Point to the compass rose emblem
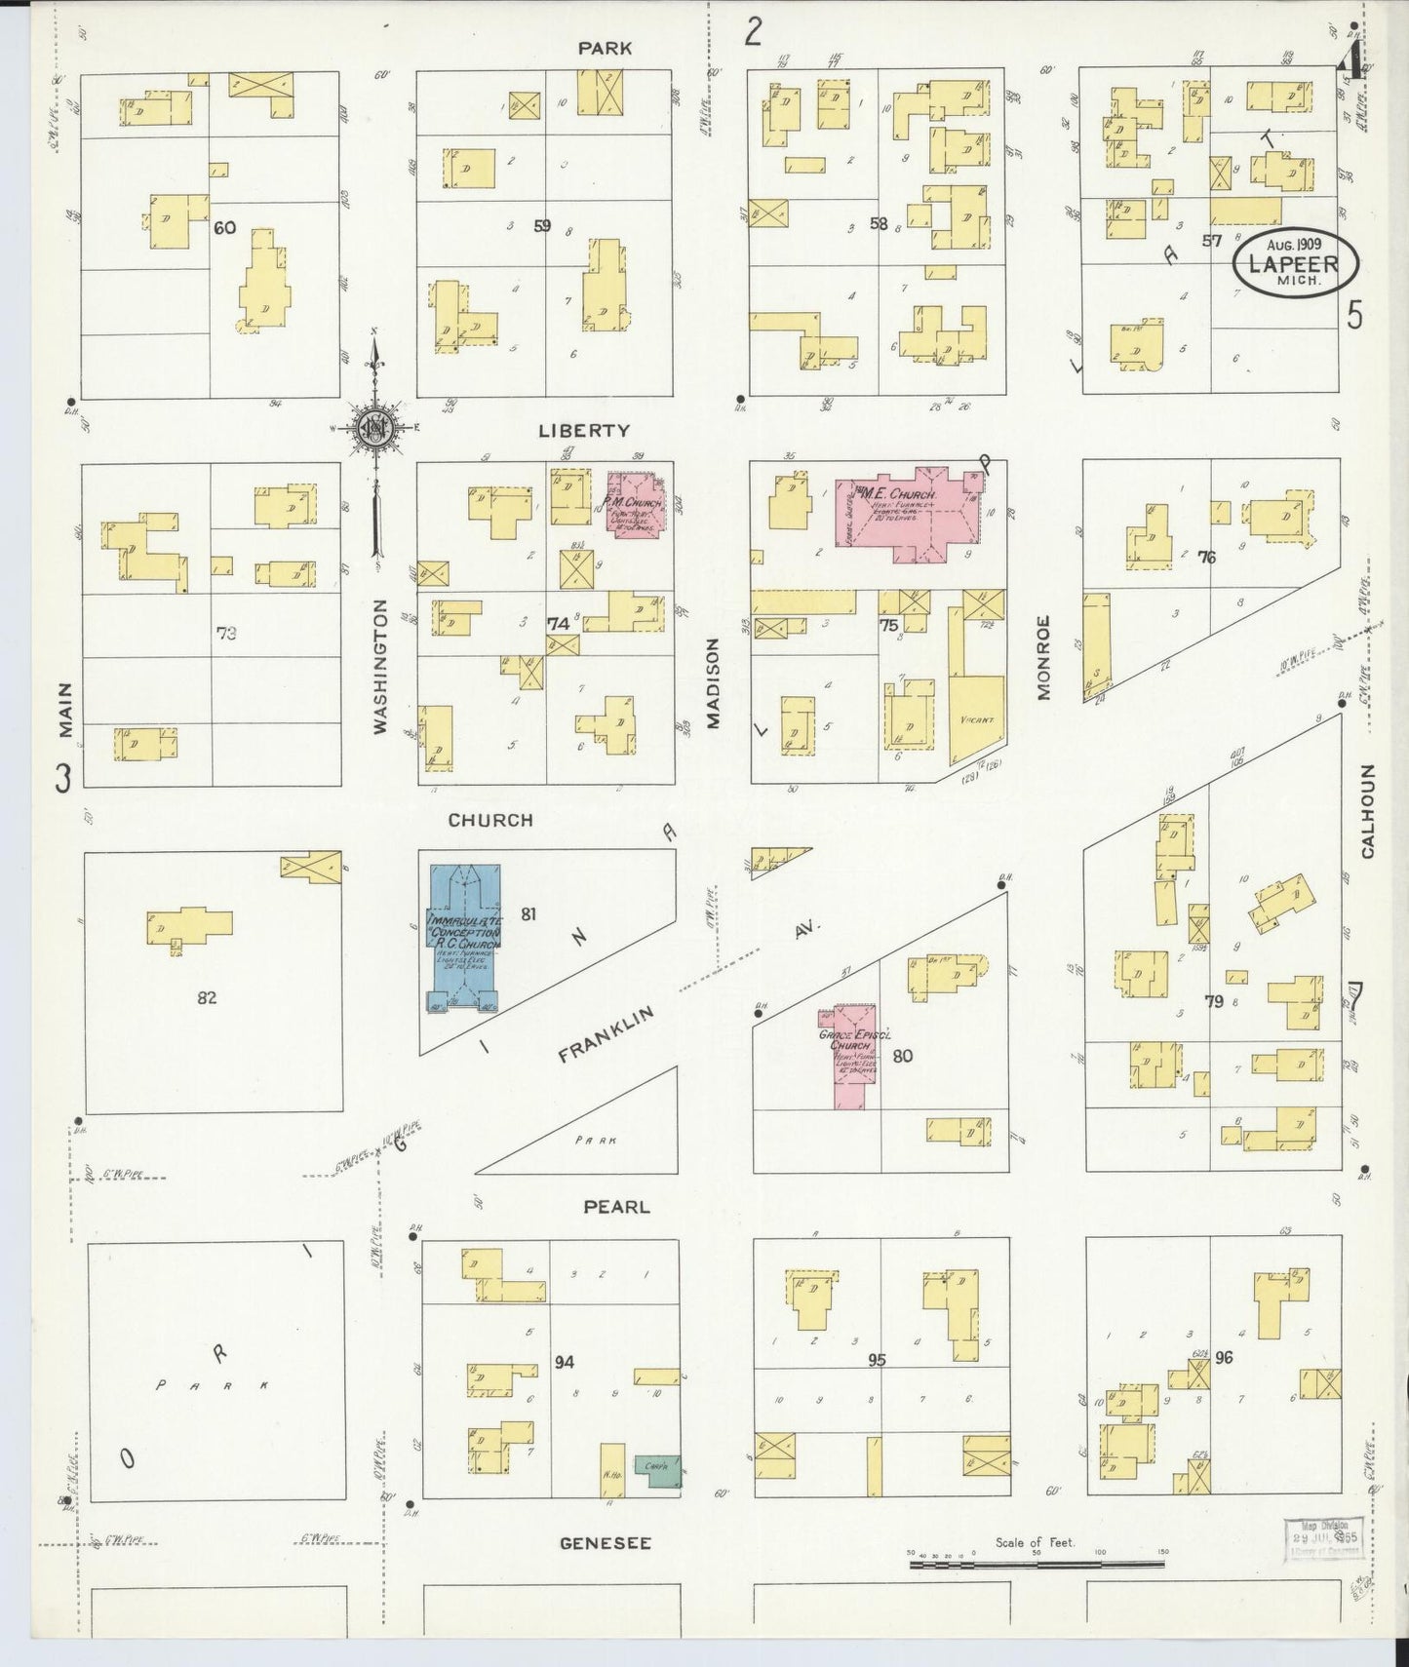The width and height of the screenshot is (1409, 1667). (x=375, y=426)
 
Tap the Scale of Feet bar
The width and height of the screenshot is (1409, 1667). (x=1036, y=1564)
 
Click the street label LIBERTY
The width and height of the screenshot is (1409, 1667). (x=590, y=430)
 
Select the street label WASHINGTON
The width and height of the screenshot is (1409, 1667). (x=381, y=666)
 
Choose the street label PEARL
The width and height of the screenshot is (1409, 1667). (x=615, y=1206)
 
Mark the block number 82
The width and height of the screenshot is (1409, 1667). (x=206, y=996)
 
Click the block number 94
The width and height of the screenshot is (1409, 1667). (x=564, y=1362)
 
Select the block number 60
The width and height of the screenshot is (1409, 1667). (x=224, y=228)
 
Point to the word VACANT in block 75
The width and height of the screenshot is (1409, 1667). (x=976, y=720)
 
